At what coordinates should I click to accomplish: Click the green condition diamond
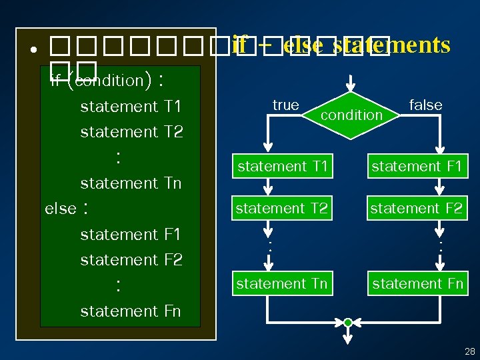click(351, 115)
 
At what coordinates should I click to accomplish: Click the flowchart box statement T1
click(282, 166)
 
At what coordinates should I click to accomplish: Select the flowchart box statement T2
click(282, 208)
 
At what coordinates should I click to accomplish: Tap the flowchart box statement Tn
click(282, 284)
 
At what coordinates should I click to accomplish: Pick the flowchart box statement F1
click(416, 166)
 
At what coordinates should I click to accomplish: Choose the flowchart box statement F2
click(416, 208)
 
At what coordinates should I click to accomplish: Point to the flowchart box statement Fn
click(417, 284)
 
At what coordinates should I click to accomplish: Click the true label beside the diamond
click(285, 105)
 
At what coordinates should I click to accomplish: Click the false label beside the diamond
click(425, 105)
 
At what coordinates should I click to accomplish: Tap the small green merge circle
click(348, 323)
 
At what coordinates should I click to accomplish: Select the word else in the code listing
click(61, 209)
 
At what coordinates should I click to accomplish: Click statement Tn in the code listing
click(131, 183)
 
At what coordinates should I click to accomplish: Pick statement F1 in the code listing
click(131, 234)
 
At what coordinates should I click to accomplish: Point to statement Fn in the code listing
click(131, 311)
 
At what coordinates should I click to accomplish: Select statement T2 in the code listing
click(131, 131)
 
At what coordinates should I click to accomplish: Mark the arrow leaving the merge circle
click(348, 337)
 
